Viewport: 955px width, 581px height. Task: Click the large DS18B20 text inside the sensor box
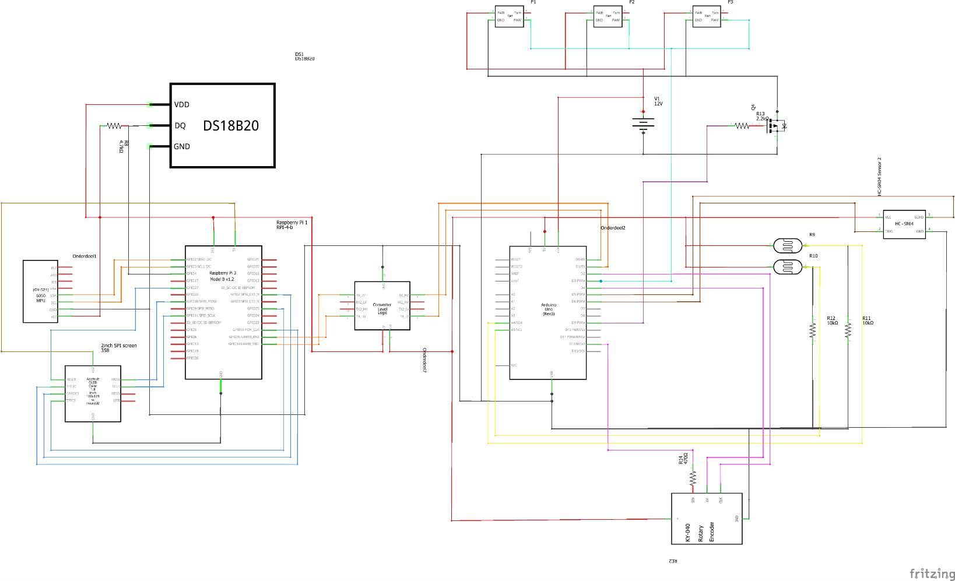(231, 125)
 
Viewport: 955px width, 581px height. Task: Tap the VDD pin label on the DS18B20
(181, 105)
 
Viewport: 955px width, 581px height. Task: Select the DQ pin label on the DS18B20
(180, 126)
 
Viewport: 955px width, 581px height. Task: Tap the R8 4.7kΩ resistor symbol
(114, 126)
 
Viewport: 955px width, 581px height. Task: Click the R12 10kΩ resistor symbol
(812, 330)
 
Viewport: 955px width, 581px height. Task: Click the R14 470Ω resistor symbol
(693, 478)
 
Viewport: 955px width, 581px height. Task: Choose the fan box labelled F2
(608, 16)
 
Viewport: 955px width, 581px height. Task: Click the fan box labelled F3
(707, 16)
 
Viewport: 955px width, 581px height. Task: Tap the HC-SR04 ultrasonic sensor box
(904, 224)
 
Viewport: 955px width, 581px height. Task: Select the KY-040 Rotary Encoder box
(707, 519)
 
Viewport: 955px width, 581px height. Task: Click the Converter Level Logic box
(382, 306)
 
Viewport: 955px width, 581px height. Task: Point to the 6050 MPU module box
(40, 291)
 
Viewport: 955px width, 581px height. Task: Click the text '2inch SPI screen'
(118, 346)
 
